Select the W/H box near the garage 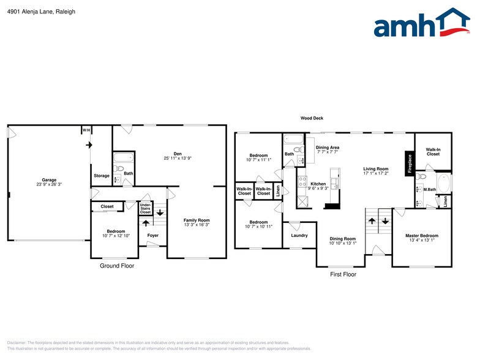(x=86, y=130)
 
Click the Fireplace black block (x=410, y=163)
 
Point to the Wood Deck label (x=312, y=118)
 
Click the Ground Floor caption (x=117, y=266)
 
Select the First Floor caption (x=343, y=274)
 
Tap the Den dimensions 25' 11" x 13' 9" (x=178, y=158)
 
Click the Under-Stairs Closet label (x=145, y=208)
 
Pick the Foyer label (x=152, y=234)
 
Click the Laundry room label (x=299, y=235)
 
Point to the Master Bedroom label (x=422, y=235)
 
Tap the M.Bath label (x=429, y=189)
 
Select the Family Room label (x=197, y=220)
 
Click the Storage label (x=102, y=176)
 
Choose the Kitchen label (x=318, y=184)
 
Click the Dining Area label (x=328, y=148)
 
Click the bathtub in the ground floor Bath (x=123, y=156)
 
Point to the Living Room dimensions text (x=376, y=174)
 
